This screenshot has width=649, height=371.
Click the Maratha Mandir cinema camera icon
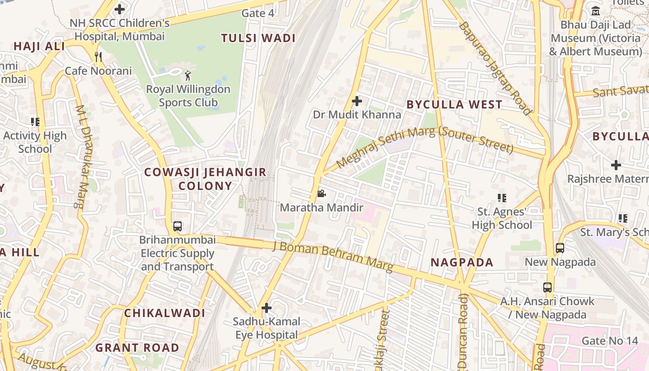321,193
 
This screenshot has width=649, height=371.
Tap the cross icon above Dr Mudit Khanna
357,101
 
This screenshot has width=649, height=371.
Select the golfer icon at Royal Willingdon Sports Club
187,75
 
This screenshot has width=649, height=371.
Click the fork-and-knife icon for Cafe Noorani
98,57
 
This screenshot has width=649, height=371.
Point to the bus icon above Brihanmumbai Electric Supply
178,226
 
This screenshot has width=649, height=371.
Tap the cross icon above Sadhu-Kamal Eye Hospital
267,307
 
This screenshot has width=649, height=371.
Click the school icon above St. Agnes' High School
502,198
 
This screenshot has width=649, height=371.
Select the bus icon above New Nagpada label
560,248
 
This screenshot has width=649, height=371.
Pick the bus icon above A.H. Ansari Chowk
547,287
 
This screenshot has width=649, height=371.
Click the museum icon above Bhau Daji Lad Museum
596,11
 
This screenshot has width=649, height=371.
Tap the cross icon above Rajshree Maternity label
616,165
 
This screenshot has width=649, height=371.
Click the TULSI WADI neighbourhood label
258,38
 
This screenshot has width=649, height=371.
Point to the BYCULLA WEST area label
454,104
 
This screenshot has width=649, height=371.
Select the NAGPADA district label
462,262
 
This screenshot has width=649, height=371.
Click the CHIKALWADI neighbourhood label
165,313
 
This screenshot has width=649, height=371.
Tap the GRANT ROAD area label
137,347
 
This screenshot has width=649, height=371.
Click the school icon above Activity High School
35,122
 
